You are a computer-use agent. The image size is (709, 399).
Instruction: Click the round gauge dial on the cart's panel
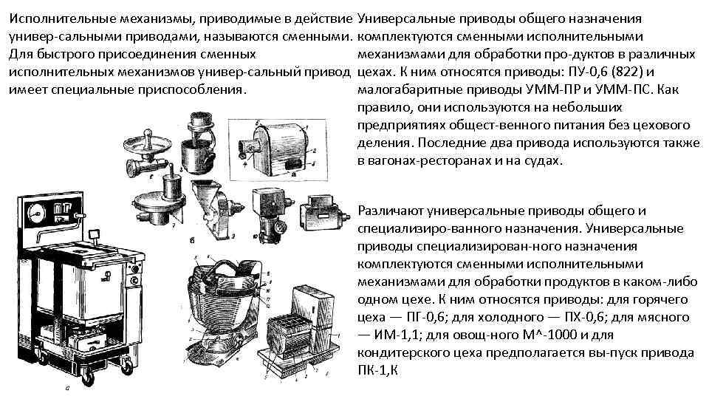click(35, 213)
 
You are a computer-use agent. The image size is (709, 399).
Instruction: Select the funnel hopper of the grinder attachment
click(205, 192)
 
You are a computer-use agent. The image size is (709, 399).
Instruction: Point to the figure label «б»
click(192, 241)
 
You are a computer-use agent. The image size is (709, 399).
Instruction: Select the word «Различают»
click(390, 211)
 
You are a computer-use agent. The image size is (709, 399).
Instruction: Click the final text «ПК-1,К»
click(377, 370)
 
